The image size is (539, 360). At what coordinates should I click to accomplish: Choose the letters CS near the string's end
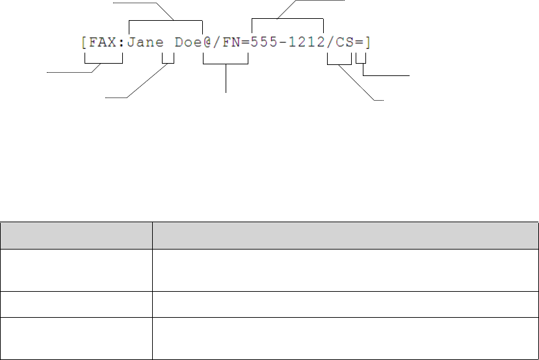click(x=345, y=44)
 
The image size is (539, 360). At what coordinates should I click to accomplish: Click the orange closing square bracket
click(x=368, y=44)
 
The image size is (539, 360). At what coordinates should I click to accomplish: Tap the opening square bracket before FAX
click(x=84, y=44)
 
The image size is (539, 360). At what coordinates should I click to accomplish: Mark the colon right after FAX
click(x=122, y=44)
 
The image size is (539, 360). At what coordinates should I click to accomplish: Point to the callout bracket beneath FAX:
click(x=104, y=62)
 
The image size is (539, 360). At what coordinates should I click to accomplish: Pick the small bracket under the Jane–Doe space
click(x=168, y=63)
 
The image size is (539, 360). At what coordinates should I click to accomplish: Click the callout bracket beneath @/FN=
click(x=226, y=63)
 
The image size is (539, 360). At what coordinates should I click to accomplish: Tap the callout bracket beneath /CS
click(x=339, y=63)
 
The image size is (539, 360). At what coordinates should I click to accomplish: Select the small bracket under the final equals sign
click(x=361, y=63)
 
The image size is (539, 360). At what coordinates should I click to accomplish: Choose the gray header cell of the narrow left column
click(x=76, y=235)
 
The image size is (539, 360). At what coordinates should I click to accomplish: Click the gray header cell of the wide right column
click(x=345, y=235)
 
